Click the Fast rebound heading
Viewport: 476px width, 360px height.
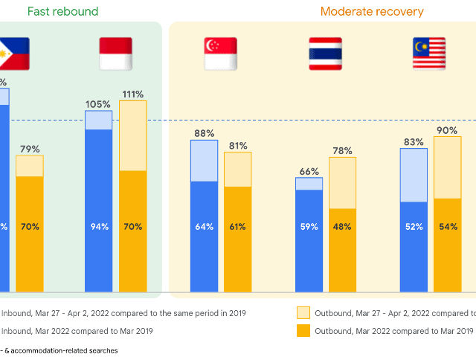62,12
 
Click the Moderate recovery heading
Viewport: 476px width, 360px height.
372,12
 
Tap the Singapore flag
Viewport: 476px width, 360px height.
220,54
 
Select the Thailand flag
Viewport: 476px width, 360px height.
325,54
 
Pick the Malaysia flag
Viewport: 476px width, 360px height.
429,54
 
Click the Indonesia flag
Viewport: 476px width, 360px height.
115,54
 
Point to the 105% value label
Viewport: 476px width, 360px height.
98,103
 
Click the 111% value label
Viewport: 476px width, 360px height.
133,94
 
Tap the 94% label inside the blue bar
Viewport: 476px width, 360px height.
98,227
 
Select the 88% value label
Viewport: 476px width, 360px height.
204,134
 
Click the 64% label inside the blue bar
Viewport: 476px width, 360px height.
204,227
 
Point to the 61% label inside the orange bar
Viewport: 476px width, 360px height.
238,227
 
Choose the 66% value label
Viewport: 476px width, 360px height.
309,171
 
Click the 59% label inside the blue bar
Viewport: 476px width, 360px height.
309,227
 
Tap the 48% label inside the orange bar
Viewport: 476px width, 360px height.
343,227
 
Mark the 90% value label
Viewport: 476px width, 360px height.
448,130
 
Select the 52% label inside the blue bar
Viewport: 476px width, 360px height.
414,227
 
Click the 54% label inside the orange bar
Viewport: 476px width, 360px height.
448,227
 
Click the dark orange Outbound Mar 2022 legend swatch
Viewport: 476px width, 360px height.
303,331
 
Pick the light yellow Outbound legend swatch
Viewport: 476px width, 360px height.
303,313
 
